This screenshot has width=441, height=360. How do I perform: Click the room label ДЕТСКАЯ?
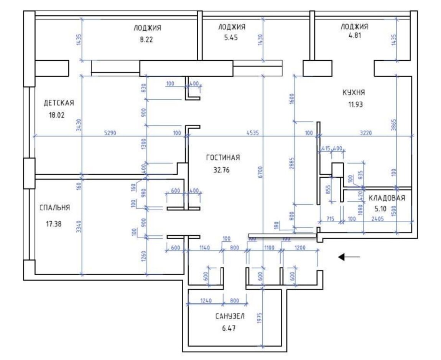tap(59, 103)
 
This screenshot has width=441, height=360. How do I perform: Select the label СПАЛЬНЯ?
tap(55, 208)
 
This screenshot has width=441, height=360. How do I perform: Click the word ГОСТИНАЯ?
tap(223, 157)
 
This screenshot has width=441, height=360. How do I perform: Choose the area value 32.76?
tap(221, 170)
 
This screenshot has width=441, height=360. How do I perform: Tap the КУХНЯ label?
tap(353, 92)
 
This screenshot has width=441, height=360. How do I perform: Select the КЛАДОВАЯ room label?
tap(387, 198)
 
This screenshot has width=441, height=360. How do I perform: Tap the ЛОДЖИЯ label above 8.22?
tap(147, 28)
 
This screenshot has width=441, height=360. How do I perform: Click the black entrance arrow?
tap(349, 257)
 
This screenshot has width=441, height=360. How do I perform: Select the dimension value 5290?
tap(110, 133)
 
